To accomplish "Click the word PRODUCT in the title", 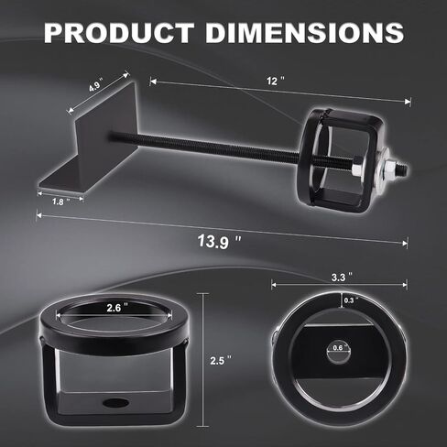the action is coord(119,32).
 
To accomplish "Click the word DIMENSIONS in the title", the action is coord(305,32).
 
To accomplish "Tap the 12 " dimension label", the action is coord(276,82).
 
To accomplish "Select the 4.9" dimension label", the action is coord(96,84).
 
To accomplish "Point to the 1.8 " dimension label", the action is coord(60,202).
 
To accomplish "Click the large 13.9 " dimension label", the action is coord(219,242).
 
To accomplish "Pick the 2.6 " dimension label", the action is coord(117,308).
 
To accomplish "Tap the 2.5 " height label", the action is coord(221,361).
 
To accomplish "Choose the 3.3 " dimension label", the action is coord(342,278).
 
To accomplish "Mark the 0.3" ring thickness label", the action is coord(350,300).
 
